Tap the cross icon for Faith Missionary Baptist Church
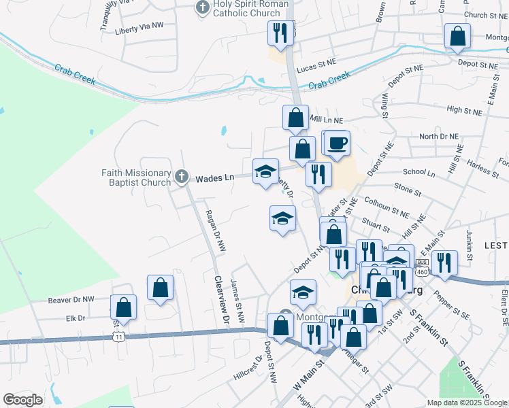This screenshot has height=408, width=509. pyautogui.click(x=181, y=177)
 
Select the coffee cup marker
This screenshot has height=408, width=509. pyautogui.click(x=337, y=143)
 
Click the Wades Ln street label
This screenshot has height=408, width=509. pyautogui.click(x=215, y=178)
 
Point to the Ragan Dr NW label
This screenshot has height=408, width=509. pyautogui.click(x=218, y=232)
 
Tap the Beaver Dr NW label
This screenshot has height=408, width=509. pyautogui.click(x=71, y=299)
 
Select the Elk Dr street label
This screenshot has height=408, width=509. pyautogui.click(x=76, y=318)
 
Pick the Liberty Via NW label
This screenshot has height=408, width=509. pyautogui.click(x=140, y=25)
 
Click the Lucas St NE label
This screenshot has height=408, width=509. pyautogui.click(x=318, y=62)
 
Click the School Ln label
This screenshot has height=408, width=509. pyautogui.click(x=418, y=173)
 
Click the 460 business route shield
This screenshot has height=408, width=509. pyautogui.click(x=421, y=267)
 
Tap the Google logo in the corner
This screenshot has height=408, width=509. pyautogui.click(x=22, y=400)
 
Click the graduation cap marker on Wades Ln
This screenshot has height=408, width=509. pyautogui.click(x=265, y=171)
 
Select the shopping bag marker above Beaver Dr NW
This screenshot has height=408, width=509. pyautogui.click(x=161, y=287)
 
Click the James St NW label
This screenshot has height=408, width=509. pyautogui.click(x=237, y=294)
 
